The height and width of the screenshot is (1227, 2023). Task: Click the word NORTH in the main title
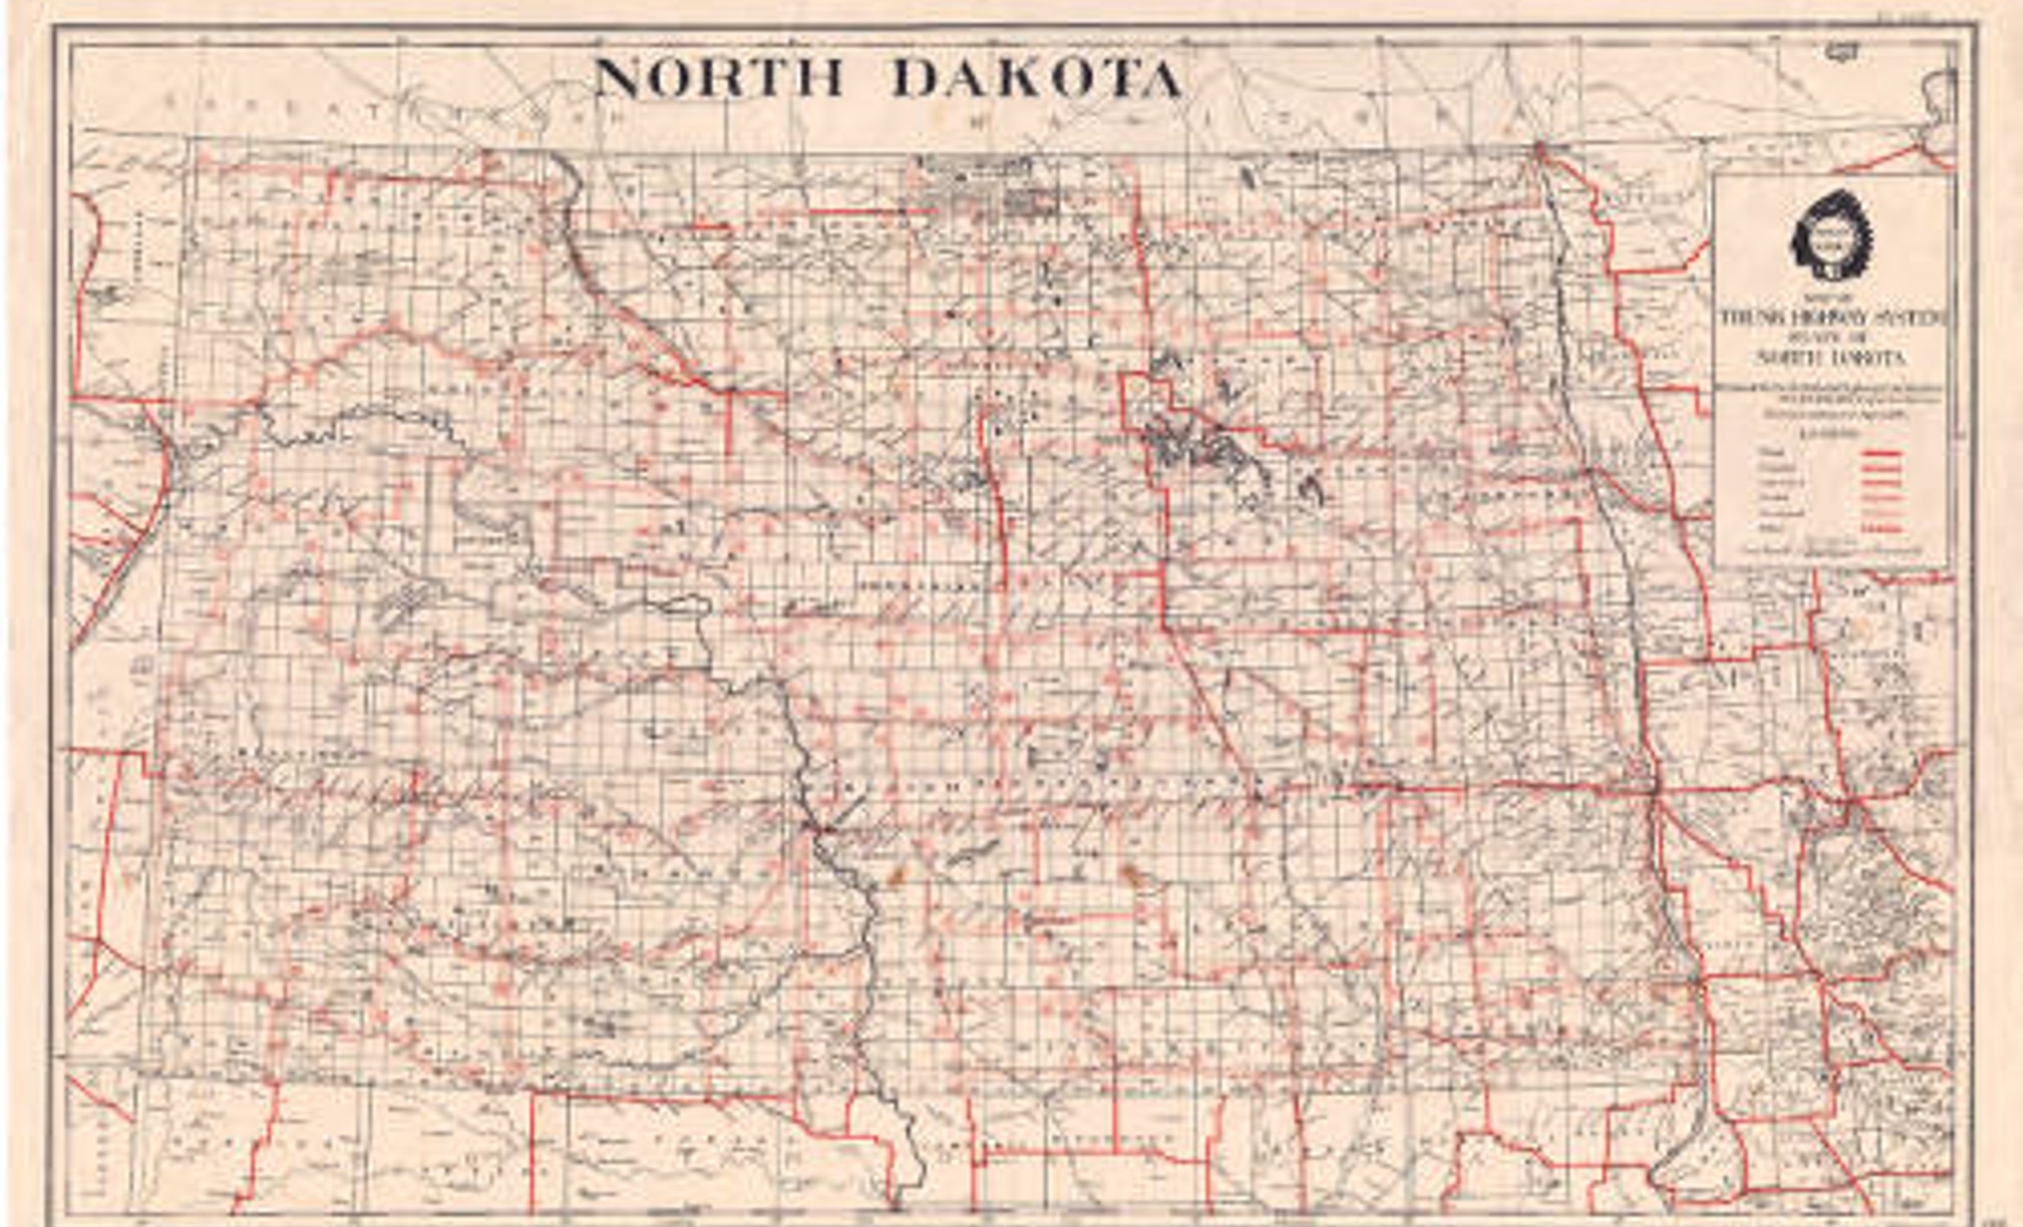pyautogui.click(x=718, y=78)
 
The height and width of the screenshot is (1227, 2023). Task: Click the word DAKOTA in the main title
pyautogui.click(x=1036, y=78)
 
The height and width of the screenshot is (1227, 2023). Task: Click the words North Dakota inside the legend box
pyautogui.click(x=1831, y=357)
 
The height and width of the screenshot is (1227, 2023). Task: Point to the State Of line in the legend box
pyautogui.click(x=1831, y=338)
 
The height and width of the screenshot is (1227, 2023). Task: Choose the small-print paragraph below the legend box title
pyautogui.click(x=1831, y=401)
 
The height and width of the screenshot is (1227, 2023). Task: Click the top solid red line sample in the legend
pyautogui.click(x=1881, y=454)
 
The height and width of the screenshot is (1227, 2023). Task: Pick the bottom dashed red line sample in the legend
pyautogui.click(x=1881, y=527)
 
